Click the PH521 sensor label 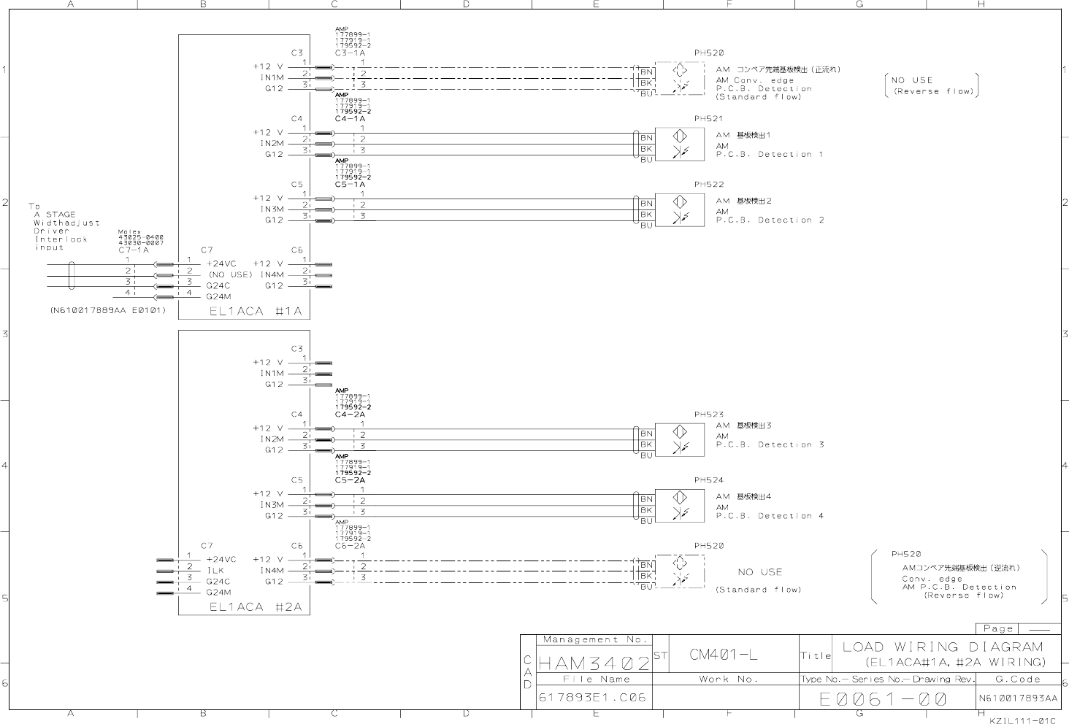(x=708, y=118)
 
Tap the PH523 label (x=708, y=415)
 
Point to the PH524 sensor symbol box (x=680, y=505)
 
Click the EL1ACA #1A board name (x=256, y=311)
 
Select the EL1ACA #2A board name (x=256, y=607)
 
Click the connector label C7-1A (x=133, y=250)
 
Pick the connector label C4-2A (x=350, y=414)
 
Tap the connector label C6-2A (x=350, y=545)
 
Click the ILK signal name (x=215, y=571)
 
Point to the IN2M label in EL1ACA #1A (x=272, y=143)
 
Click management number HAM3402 (x=594, y=663)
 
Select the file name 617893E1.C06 (x=592, y=698)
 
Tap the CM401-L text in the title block (x=723, y=655)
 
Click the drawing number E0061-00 (x=883, y=698)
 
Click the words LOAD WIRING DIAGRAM (x=942, y=647)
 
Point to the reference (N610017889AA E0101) (x=108, y=310)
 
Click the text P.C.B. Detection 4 (x=770, y=516)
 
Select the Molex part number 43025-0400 (x=141, y=237)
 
